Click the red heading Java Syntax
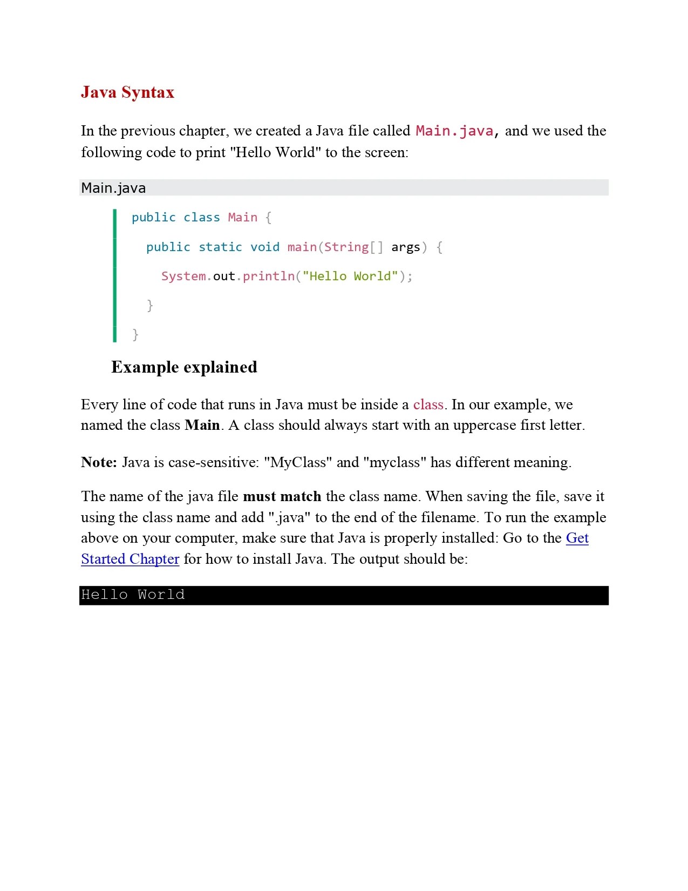(x=127, y=92)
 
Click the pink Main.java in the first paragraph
(x=454, y=131)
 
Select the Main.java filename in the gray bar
(x=113, y=188)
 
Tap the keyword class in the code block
(x=201, y=217)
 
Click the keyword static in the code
(x=220, y=247)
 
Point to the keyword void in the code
(x=264, y=247)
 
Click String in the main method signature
(x=346, y=247)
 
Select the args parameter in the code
(x=405, y=247)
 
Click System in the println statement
(x=183, y=276)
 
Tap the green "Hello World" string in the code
(x=350, y=276)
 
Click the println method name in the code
(x=268, y=276)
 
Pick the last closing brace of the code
(x=135, y=335)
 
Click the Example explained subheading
(x=184, y=367)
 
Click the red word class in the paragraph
(x=428, y=404)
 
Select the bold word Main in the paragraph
(x=202, y=425)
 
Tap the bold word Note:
(x=99, y=462)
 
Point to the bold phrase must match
(x=282, y=496)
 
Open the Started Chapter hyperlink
(x=130, y=559)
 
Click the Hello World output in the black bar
(x=133, y=595)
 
